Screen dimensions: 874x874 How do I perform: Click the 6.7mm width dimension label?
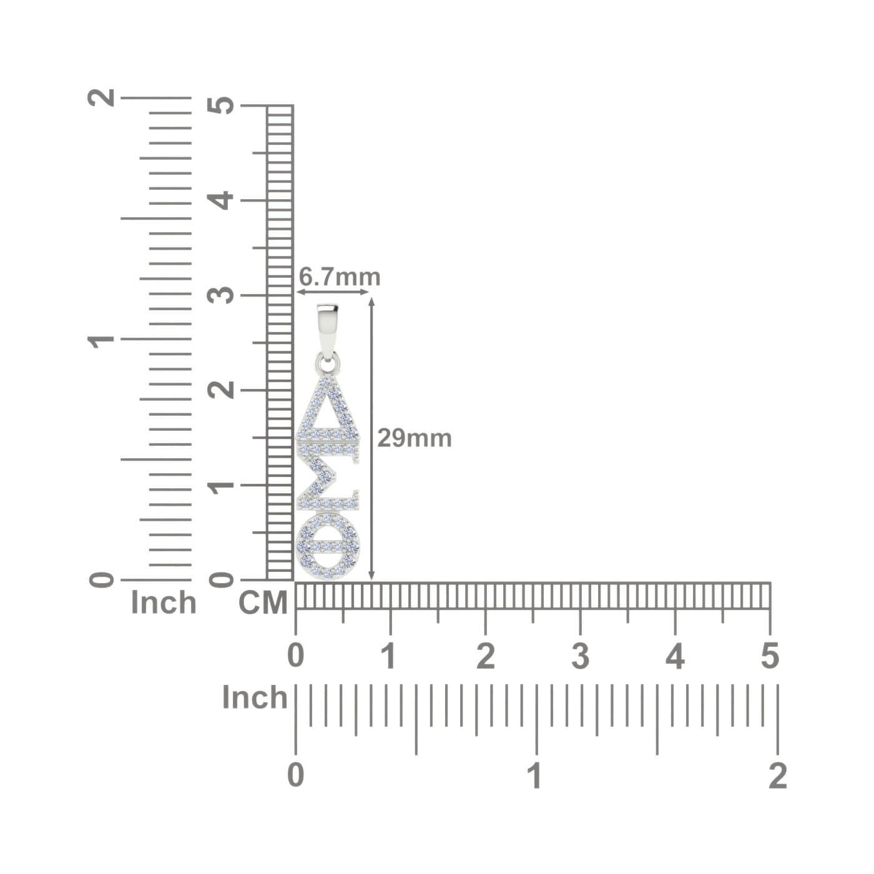[339, 277]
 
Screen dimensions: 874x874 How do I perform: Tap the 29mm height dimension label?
[415, 439]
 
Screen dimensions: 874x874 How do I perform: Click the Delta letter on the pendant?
[328, 409]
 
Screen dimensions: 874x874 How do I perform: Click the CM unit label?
[263, 603]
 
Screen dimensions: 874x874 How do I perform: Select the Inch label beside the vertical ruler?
[164, 602]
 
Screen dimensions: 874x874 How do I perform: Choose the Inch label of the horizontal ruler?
[255, 697]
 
